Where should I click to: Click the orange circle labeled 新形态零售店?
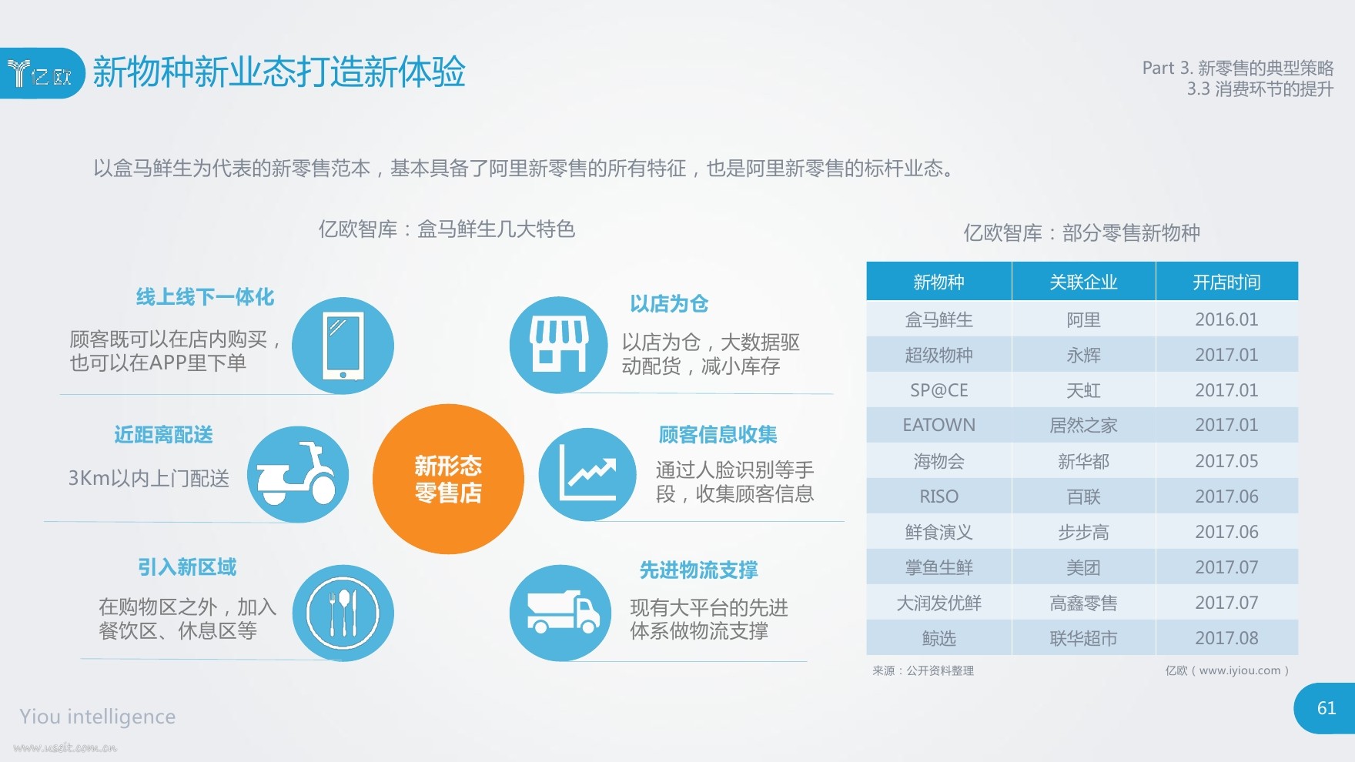tap(448, 479)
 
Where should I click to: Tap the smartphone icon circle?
tap(343, 346)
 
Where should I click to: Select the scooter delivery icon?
tap(298, 474)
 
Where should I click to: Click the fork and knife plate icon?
tap(343, 613)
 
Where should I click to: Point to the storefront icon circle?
tap(560, 345)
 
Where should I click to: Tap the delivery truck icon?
tap(560, 613)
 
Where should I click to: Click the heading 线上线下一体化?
tap(205, 297)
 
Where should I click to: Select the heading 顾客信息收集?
tap(718, 435)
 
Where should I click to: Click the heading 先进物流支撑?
tap(699, 570)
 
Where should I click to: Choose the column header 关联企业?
tap(1083, 282)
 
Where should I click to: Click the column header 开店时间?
tap(1226, 282)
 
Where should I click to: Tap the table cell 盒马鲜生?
tap(938, 319)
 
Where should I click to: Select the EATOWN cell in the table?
tap(938, 425)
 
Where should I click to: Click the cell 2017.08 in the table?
tap(1226, 638)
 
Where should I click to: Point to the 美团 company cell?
tap(1083, 567)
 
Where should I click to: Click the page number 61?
tap(1326, 708)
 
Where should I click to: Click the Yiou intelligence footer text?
tap(98, 717)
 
